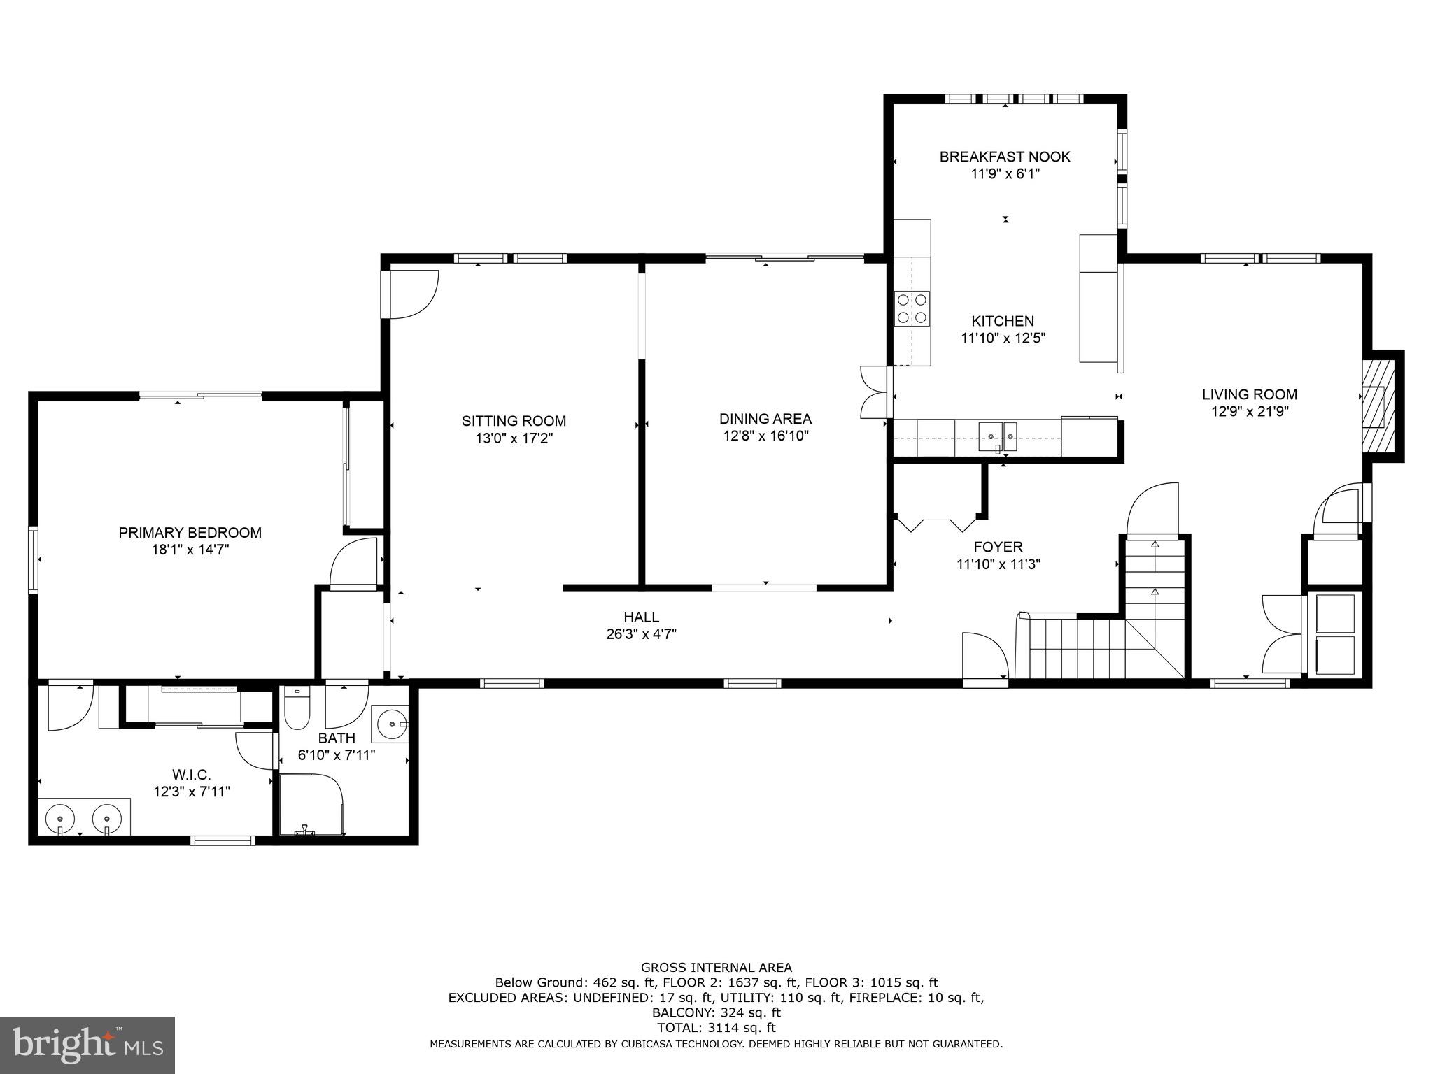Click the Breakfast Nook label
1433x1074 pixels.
[x=1005, y=157]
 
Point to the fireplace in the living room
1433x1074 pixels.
[x=1378, y=406]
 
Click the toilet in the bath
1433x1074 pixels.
[x=297, y=708]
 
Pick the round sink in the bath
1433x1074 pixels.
[x=389, y=723]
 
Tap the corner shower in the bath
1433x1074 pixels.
[x=311, y=803]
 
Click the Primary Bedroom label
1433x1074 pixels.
[x=190, y=533]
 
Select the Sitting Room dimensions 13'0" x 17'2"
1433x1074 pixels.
[x=514, y=438]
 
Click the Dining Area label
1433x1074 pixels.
[x=765, y=419]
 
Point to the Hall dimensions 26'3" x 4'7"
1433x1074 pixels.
[x=642, y=635]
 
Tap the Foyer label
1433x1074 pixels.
[x=998, y=547]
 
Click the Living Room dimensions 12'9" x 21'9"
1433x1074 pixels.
[x=1250, y=412]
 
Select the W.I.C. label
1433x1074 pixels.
[x=192, y=775]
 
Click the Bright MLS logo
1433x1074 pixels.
[x=87, y=1045]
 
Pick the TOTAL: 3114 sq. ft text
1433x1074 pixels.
[x=716, y=1028]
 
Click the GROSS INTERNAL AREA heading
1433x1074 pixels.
[x=716, y=968]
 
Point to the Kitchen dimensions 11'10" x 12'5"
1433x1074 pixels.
[x=1003, y=338]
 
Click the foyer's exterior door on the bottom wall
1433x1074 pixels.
[x=986, y=657]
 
